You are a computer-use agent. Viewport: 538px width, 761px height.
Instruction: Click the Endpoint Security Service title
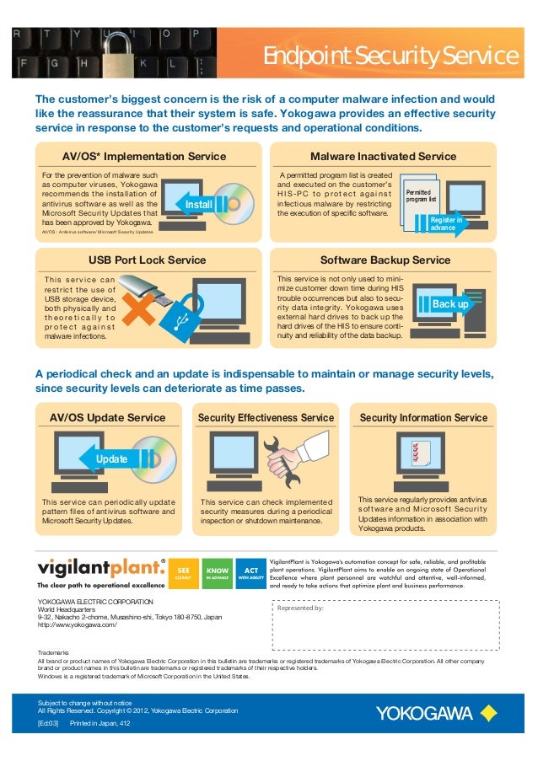389,56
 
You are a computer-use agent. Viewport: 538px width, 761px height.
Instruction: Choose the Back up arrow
449,303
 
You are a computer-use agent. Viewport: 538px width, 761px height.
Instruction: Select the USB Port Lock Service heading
148,260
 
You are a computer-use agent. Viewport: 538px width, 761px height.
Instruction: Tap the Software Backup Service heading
385,260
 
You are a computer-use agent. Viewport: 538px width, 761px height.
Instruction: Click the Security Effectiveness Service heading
266,417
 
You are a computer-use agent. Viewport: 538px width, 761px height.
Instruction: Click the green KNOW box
218,573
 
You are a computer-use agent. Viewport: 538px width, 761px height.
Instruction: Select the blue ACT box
251,573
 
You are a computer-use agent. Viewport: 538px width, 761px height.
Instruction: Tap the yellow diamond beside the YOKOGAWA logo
488,714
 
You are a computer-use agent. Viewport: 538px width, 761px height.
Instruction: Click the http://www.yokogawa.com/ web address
78,624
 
